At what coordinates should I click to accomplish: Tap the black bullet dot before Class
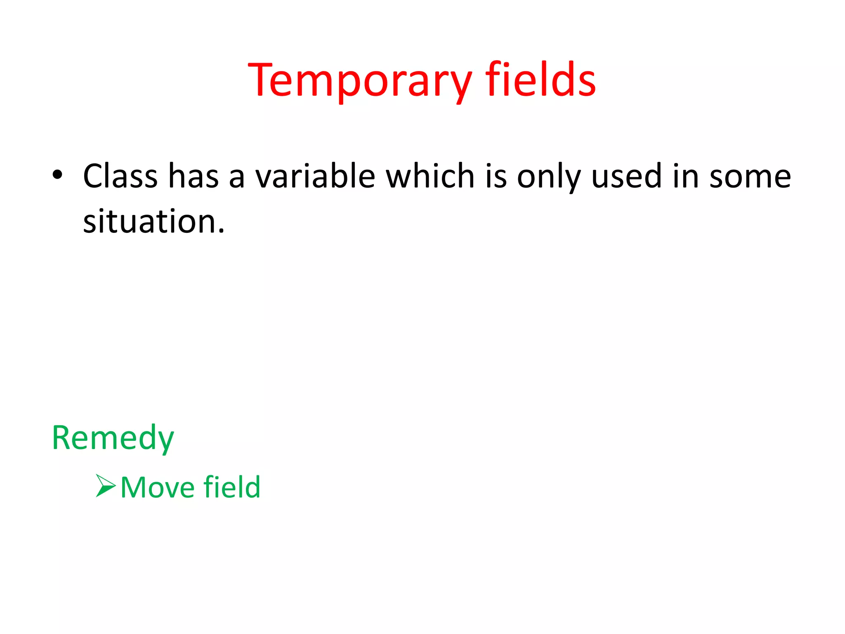(57, 175)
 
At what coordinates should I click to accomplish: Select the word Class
(120, 176)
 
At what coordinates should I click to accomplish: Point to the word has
(194, 176)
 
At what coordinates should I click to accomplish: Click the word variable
(315, 176)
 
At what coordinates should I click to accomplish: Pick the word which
(430, 176)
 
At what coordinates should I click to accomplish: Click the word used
(626, 176)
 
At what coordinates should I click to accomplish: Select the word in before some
(685, 176)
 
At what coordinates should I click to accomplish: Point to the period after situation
(222, 231)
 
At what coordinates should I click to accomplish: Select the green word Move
(158, 487)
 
